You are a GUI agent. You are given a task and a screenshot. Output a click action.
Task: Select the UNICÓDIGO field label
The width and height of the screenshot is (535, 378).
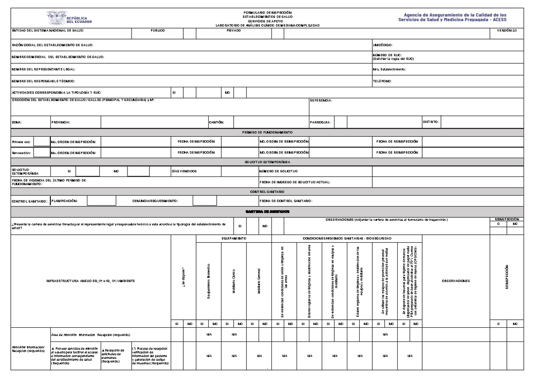[x=383, y=45]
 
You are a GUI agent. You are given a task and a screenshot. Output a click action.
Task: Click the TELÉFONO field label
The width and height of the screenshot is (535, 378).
[x=382, y=81]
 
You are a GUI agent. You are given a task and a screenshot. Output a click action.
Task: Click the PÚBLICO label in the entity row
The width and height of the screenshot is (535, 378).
[x=158, y=30]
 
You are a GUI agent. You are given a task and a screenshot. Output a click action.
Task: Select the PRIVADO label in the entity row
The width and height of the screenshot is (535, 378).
[x=234, y=30]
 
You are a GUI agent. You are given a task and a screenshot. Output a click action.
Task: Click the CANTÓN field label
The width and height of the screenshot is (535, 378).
[x=216, y=122]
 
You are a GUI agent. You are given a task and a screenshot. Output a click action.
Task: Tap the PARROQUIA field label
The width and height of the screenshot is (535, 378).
[x=320, y=122]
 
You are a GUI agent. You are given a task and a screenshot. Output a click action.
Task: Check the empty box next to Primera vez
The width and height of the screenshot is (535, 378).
[x=42, y=141]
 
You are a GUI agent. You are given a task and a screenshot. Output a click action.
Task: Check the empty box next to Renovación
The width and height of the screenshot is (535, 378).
[x=42, y=153]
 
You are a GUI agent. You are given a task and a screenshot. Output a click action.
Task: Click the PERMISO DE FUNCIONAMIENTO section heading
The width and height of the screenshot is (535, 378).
[x=267, y=132]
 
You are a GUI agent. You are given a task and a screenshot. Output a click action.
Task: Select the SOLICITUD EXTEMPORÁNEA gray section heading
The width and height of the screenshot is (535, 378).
[x=267, y=162]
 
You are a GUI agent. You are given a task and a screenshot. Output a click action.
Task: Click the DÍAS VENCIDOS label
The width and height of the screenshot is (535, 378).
[x=184, y=171]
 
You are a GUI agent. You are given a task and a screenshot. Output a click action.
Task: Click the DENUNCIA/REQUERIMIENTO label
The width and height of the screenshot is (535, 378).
[x=155, y=201]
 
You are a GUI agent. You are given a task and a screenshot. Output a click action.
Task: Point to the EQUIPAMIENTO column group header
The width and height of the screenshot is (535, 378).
[x=234, y=239]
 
